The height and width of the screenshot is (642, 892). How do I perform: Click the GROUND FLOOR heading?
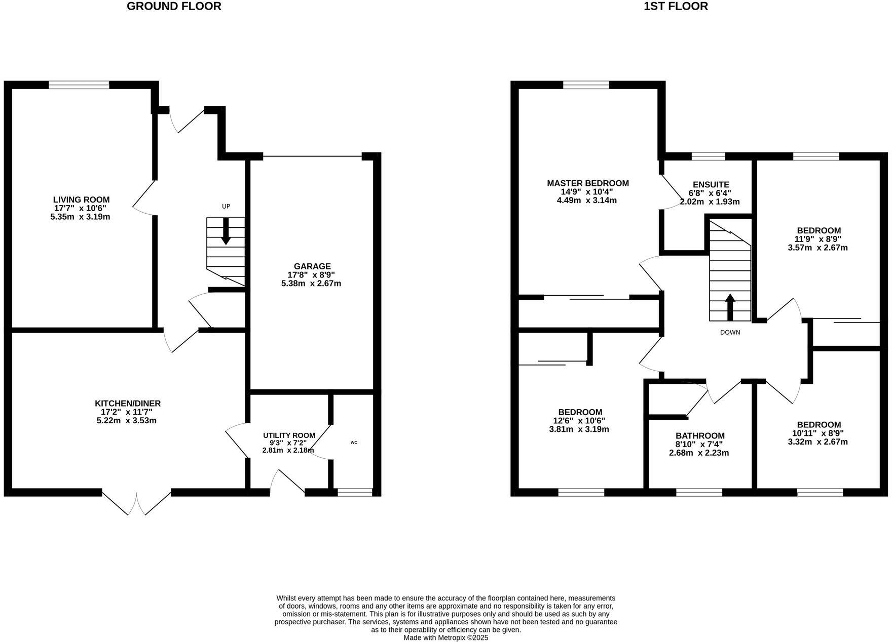click(174, 7)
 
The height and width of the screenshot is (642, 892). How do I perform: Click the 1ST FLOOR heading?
click(676, 7)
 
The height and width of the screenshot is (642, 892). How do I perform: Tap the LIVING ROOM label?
click(81, 200)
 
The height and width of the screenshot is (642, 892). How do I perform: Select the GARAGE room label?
click(312, 266)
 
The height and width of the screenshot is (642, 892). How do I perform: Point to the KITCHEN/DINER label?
click(128, 404)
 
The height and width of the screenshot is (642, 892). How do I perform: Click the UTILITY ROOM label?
click(289, 435)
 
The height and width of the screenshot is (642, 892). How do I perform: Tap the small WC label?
click(354, 443)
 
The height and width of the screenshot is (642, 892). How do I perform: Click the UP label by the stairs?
click(226, 207)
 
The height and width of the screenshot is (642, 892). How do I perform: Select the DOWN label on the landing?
click(730, 333)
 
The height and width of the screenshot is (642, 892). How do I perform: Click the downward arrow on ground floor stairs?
click(226, 231)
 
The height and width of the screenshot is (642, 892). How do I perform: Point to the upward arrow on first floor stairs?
click(730, 307)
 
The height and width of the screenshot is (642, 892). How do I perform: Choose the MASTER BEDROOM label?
click(588, 183)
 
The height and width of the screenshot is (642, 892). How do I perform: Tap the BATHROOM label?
click(700, 436)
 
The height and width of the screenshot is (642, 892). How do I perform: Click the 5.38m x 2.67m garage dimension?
click(311, 284)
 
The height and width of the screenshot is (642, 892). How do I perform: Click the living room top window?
click(79, 85)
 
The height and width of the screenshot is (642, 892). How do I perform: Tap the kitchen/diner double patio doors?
click(137, 501)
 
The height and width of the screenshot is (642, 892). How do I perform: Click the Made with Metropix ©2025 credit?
click(446, 638)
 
